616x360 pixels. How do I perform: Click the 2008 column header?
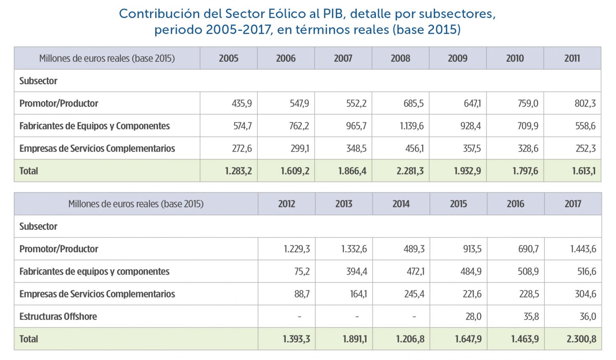400,59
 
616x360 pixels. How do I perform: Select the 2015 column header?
458,204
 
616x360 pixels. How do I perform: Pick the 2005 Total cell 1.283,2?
238,171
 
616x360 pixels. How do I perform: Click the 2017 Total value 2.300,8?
581,339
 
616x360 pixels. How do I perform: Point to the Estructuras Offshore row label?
58,317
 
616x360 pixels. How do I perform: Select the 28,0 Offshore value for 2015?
473,317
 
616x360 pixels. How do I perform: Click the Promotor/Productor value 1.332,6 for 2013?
354,249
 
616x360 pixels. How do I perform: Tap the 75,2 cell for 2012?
302,271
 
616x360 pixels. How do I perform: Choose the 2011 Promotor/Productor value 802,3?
585,103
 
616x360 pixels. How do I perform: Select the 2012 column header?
286,204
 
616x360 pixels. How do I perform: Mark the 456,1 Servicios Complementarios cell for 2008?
414,148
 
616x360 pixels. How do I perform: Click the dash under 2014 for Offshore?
414,317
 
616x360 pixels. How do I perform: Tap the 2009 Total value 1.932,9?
467,171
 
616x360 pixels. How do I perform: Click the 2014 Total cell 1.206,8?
410,339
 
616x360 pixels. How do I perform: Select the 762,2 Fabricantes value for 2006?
299,126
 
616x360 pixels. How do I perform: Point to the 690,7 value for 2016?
528,249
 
